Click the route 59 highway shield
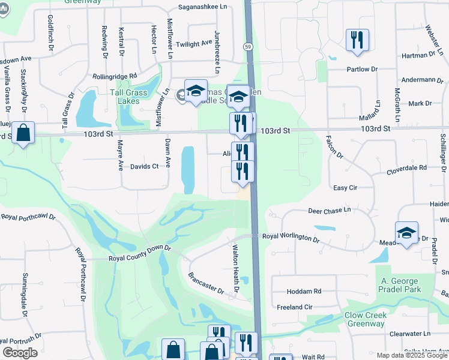(x=248, y=46)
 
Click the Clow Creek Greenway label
(x=364, y=319)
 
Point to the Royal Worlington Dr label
(x=291, y=238)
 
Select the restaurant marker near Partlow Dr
(x=357, y=40)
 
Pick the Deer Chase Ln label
(x=329, y=211)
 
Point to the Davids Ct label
(x=144, y=166)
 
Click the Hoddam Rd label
(x=304, y=291)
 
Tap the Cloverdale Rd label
(x=406, y=168)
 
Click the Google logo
(x=20, y=353)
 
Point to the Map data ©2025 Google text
(x=412, y=355)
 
